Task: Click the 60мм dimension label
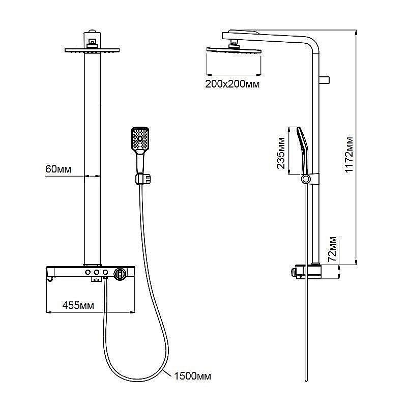click(58, 169)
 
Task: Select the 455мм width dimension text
click(78, 305)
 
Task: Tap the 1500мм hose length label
click(192, 376)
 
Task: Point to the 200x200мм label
click(232, 84)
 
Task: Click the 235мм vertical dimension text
click(281, 153)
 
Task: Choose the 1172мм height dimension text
click(349, 155)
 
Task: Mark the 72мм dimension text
click(332, 249)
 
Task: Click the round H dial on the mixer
click(120, 274)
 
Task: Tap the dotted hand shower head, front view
click(140, 139)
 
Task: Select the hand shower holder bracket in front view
click(143, 179)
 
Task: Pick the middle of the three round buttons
click(97, 272)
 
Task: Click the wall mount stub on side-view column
click(325, 80)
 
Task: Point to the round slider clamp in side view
click(306, 179)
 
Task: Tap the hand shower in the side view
click(303, 151)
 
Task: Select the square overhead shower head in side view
click(234, 49)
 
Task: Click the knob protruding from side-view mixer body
click(294, 273)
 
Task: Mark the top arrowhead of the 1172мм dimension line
click(356, 31)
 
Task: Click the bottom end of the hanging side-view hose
click(306, 381)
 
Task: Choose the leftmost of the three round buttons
click(88, 272)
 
